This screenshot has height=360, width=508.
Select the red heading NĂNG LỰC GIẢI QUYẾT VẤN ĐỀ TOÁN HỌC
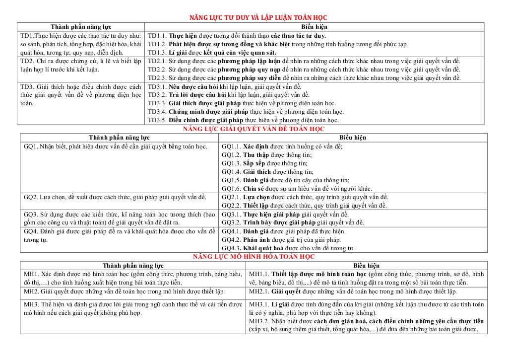(x=254, y=129)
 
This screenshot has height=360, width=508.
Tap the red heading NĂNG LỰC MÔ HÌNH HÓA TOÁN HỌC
(x=254, y=257)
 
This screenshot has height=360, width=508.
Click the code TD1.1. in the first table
(x=157, y=36)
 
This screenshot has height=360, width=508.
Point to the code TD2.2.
(x=157, y=70)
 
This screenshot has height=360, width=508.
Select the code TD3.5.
(x=157, y=120)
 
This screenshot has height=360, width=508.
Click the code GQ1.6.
(x=231, y=189)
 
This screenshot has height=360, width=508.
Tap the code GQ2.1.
(x=231, y=197)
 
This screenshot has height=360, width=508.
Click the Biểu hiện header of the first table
(x=314, y=27)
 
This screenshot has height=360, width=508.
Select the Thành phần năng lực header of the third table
(x=132, y=266)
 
